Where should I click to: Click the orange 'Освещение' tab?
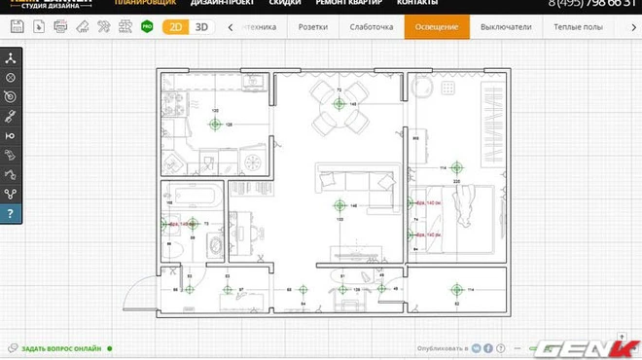tap(437, 27)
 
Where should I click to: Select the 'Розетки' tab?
tap(312, 27)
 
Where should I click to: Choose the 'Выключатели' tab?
tap(506, 27)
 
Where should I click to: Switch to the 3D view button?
tap(201, 27)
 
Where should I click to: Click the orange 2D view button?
tap(175, 27)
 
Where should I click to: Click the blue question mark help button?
tap(11, 213)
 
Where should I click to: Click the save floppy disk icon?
tap(16, 27)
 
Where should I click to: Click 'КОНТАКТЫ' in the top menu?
tap(390, 3)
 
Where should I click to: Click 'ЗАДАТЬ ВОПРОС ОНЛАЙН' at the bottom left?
tap(60, 347)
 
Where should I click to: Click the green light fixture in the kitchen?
tap(216, 125)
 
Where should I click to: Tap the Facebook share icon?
tap(487, 347)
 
